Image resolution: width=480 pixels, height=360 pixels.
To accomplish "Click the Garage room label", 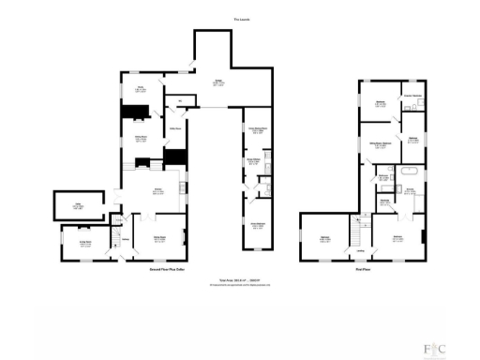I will (217, 82).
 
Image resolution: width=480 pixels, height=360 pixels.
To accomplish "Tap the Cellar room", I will (67, 206).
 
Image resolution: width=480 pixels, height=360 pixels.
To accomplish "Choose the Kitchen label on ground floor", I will (159, 193).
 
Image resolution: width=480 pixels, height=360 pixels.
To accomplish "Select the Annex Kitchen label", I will (252, 161).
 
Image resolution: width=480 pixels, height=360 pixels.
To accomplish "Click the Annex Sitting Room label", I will (253, 128).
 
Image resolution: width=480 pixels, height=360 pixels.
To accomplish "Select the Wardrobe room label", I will (384, 201).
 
